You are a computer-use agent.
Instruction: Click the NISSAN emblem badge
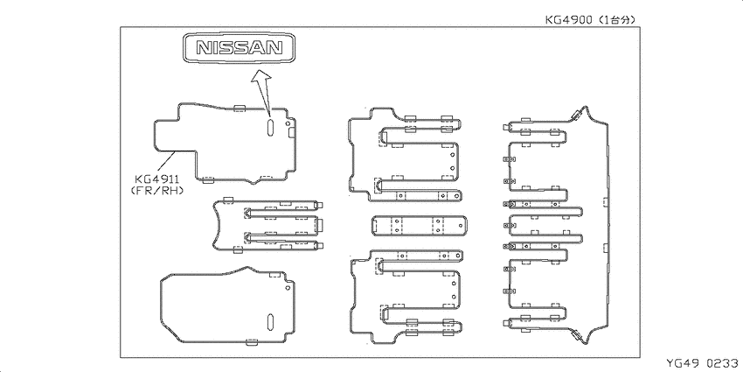click(240, 47)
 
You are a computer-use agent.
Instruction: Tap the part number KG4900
click(567, 20)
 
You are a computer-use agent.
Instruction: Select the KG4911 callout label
click(156, 179)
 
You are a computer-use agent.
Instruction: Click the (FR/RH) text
click(156, 190)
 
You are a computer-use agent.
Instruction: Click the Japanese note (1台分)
click(615, 20)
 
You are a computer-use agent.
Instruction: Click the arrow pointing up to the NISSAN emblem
click(263, 93)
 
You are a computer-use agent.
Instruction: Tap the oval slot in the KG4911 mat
click(269, 127)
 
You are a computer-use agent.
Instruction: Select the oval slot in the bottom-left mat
click(271, 321)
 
